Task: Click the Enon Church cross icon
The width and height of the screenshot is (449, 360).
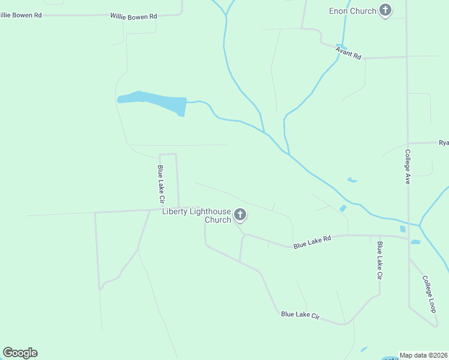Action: click(385, 11)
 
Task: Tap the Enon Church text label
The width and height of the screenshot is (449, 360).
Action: click(353, 11)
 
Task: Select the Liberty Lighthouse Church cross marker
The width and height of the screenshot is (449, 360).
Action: click(240, 214)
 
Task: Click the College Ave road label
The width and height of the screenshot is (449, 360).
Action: click(407, 166)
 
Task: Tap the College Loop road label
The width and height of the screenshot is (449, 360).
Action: click(428, 293)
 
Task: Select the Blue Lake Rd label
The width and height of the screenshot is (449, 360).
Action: click(312, 242)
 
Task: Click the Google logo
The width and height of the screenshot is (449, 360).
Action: click(20, 353)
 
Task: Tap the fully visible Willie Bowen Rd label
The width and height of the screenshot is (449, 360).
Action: click(133, 16)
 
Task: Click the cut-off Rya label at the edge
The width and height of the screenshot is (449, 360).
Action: click(444, 143)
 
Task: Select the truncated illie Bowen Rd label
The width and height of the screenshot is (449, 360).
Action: click(20, 14)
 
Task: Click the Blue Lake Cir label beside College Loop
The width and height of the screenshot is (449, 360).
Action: click(379, 260)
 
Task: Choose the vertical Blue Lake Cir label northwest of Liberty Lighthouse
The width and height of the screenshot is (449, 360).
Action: click(161, 185)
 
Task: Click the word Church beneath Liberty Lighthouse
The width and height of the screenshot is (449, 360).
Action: click(218, 220)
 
